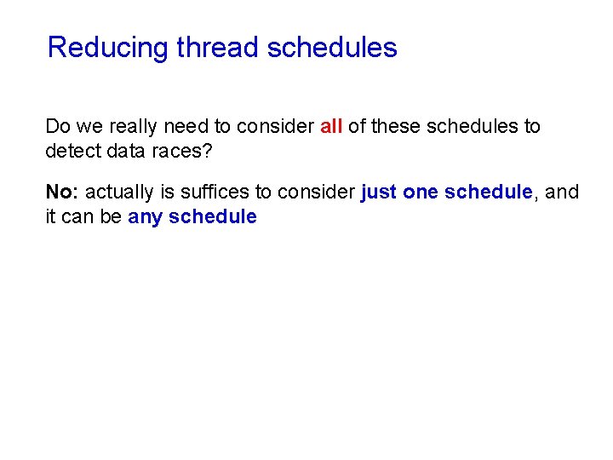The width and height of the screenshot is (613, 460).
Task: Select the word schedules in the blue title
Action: [332, 48]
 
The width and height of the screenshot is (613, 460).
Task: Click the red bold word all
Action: [331, 127]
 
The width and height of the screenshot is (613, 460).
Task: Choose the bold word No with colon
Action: [63, 193]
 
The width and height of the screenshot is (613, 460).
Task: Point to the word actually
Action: [120, 193]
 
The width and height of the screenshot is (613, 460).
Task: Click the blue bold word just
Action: [379, 193]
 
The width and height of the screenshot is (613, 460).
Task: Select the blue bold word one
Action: [421, 193]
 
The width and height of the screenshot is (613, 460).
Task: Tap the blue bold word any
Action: [146, 216]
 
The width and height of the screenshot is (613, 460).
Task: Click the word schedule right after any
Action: [213, 216]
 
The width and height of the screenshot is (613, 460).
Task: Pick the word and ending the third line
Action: [562, 193]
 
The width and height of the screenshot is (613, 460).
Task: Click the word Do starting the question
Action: [58, 127]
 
